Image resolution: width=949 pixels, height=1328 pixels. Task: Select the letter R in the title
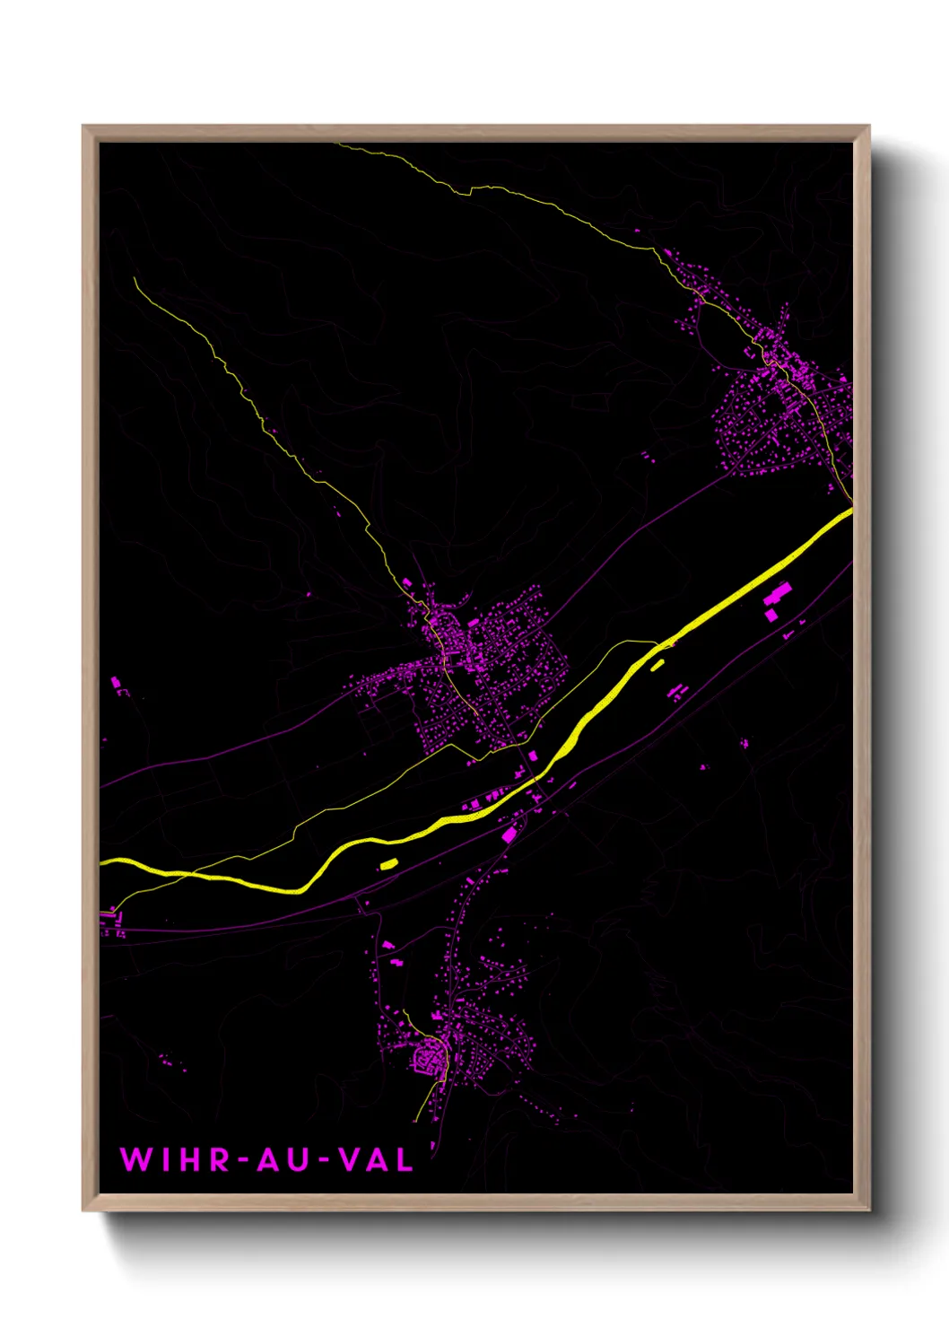(221, 1159)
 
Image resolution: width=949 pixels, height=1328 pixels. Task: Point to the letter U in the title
(300, 1159)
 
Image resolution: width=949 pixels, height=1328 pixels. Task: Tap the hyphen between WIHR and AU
(244, 1160)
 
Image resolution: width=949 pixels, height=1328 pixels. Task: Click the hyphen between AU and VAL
(325, 1160)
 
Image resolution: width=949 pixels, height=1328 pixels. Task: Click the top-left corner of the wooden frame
(83, 127)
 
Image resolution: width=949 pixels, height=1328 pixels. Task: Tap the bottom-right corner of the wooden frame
(868, 1210)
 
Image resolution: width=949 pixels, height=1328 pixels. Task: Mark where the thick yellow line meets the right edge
(850, 511)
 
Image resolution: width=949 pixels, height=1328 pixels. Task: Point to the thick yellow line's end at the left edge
(101, 861)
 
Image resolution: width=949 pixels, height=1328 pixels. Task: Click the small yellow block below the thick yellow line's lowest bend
(388, 864)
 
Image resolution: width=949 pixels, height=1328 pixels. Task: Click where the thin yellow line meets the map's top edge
(335, 144)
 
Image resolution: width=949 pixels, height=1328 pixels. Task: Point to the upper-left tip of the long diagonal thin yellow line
(135, 278)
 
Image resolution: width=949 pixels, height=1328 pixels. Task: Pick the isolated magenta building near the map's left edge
(116, 684)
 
